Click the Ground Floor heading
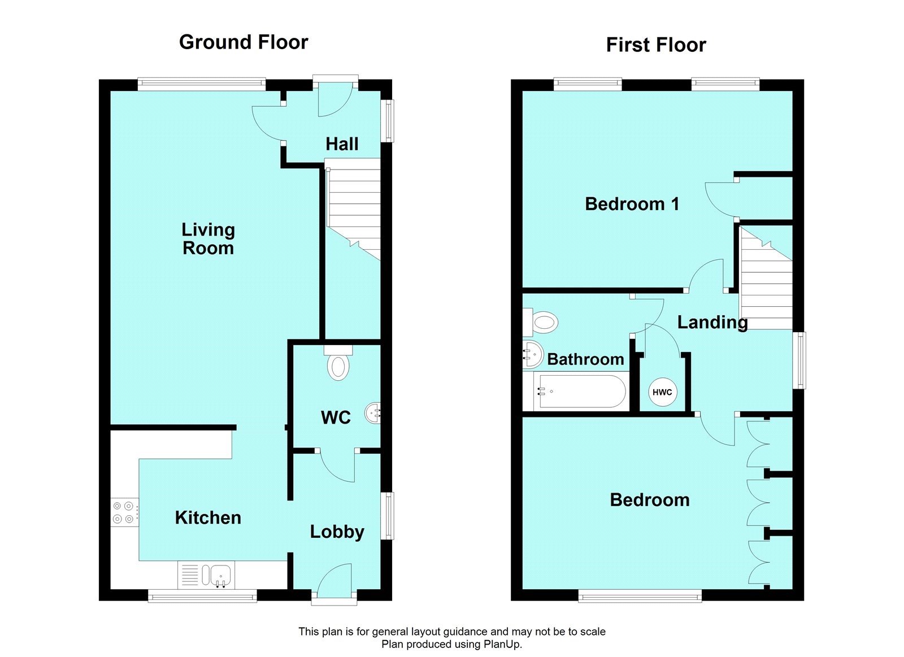pyautogui.click(x=243, y=42)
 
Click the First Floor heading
pyautogui.click(x=655, y=45)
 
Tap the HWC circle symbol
pyautogui.click(x=662, y=392)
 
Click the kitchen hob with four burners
pyautogui.click(x=124, y=512)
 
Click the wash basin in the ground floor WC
pyautogui.click(x=373, y=412)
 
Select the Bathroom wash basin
pyautogui.click(x=532, y=354)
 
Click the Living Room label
pyautogui.click(x=208, y=238)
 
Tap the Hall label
pyautogui.click(x=342, y=144)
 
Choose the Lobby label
pyautogui.click(x=337, y=532)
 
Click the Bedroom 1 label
pyautogui.click(x=632, y=204)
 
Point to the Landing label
pyautogui.click(x=712, y=323)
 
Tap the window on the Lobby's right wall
pyautogui.click(x=388, y=515)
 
